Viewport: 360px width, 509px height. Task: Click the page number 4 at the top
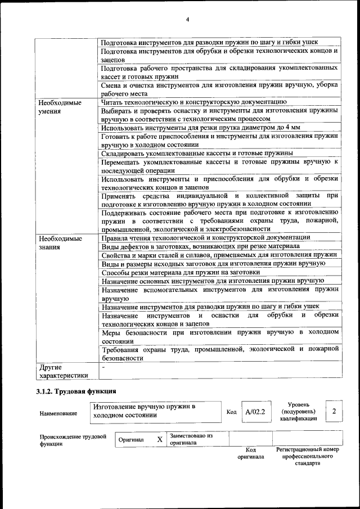pyautogui.click(x=187, y=20)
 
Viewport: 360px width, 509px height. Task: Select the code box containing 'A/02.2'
pyautogui.click(x=255, y=412)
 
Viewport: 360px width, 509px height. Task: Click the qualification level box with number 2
pyautogui.click(x=334, y=411)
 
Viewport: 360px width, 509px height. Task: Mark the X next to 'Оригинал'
pyautogui.click(x=160, y=439)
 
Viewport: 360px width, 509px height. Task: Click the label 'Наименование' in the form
pyautogui.click(x=58, y=413)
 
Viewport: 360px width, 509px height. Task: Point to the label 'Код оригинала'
pyautogui.click(x=251, y=453)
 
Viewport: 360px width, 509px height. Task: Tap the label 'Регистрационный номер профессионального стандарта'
pyautogui.click(x=307, y=456)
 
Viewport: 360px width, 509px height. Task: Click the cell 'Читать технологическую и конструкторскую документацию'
pyautogui.click(x=194, y=102)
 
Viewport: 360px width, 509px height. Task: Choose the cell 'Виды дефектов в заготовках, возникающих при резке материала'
pyautogui.click(x=200, y=246)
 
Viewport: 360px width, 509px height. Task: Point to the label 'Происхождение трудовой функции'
pyautogui.click(x=73, y=440)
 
